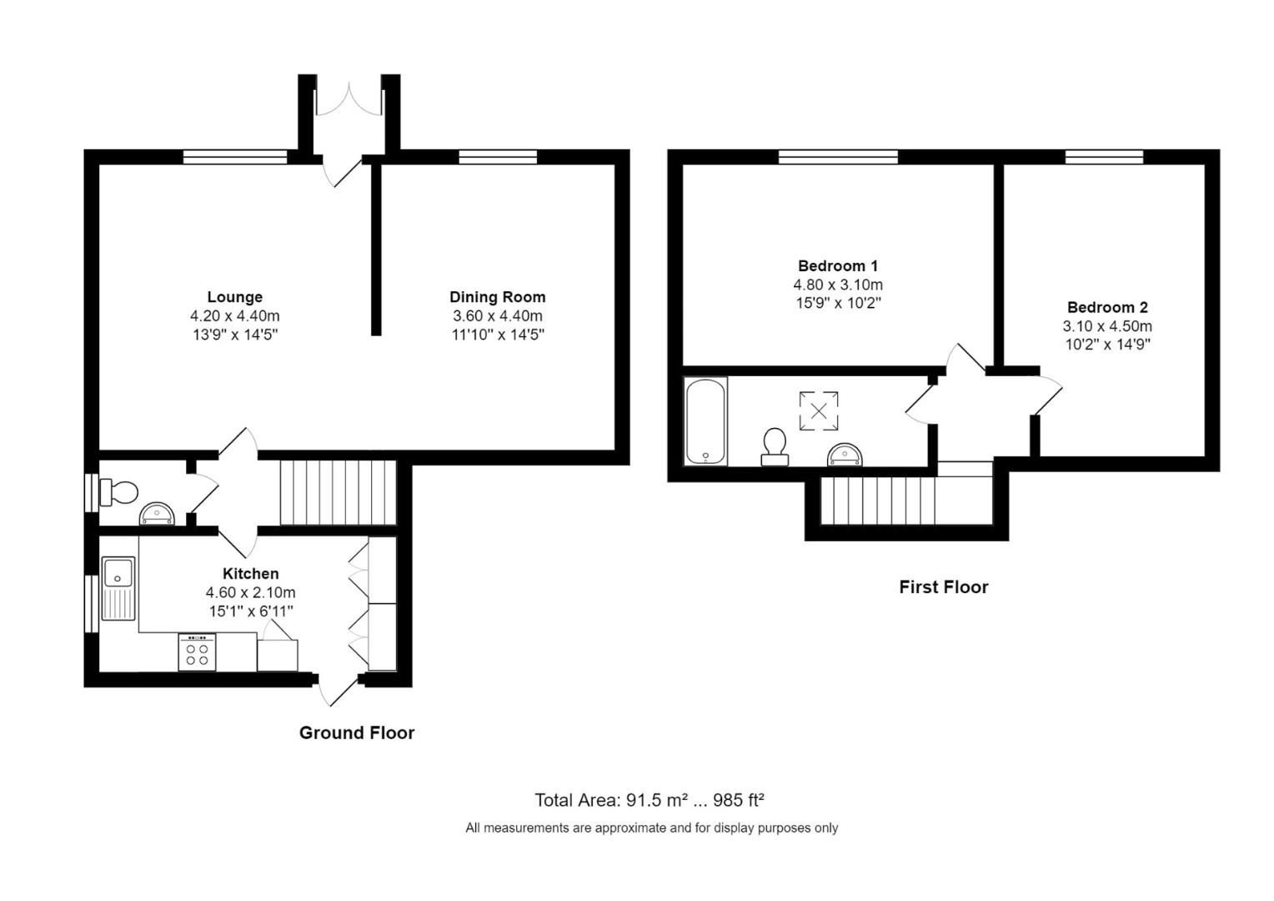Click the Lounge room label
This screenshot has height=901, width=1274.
(234, 297)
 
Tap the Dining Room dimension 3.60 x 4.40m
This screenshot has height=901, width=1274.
(497, 316)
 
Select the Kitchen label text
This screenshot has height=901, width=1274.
(250, 574)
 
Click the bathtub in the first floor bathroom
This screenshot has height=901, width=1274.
(705, 421)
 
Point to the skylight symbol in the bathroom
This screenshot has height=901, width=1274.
(819, 411)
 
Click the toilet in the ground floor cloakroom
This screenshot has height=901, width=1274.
(119, 491)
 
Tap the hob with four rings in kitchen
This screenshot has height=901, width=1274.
(197, 652)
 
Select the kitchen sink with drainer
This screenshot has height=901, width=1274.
(118, 589)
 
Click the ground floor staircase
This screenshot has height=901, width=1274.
(337, 494)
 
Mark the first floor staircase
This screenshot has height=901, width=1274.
(905, 500)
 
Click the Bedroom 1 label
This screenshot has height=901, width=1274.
(837, 266)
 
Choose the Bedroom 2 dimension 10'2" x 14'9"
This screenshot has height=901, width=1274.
(1107, 345)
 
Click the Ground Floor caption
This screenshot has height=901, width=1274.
(357, 733)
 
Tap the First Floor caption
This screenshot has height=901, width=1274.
(943, 587)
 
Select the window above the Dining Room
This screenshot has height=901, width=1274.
(498, 157)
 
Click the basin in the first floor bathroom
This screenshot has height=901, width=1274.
(845, 456)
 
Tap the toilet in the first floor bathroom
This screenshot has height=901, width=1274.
(775, 446)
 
